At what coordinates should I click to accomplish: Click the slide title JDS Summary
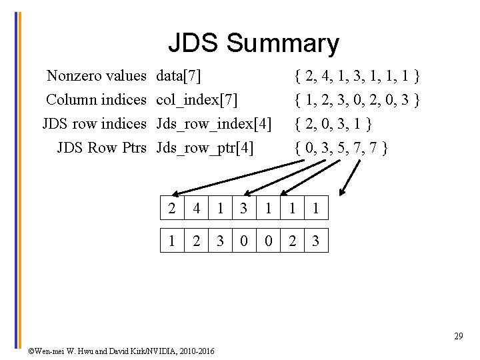click(253, 43)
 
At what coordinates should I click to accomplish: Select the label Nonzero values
click(96, 76)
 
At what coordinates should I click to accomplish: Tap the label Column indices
click(96, 100)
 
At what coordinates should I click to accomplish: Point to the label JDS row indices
click(94, 123)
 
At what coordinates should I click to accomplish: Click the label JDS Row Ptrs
click(101, 147)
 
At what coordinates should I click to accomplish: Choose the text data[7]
click(179, 76)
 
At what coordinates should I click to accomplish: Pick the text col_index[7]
click(197, 100)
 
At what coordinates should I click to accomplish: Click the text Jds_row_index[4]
click(213, 123)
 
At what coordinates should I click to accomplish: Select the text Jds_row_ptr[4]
click(205, 147)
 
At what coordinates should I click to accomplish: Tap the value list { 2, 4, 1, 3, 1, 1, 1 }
click(357, 76)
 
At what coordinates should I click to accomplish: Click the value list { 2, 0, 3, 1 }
click(333, 123)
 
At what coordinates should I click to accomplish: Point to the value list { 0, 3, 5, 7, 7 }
click(341, 147)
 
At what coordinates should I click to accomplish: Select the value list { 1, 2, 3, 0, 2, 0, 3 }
click(357, 100)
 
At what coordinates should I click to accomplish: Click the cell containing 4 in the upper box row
click(196, 209)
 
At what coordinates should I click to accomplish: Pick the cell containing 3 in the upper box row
click(243, 209)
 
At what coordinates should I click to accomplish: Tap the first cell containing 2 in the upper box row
click(172, 209)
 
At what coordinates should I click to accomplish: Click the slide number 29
click(459, 336)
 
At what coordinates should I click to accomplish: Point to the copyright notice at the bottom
click(121, 351)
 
